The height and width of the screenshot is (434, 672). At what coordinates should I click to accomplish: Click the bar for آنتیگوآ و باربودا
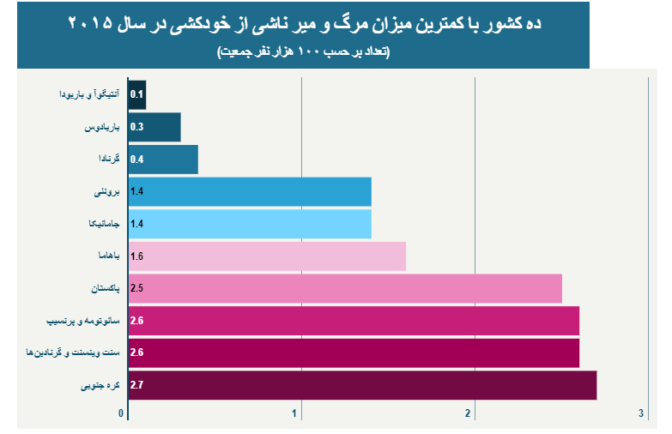click(x=137, y=94)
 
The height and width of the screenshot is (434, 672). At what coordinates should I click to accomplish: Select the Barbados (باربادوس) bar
click(x=154, y=127)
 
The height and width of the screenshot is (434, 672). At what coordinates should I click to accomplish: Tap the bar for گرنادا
click(x=163, y=160)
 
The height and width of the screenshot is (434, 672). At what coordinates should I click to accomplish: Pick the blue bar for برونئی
click(x=249, y=192)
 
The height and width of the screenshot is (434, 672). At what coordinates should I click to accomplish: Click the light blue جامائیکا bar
click(x=249, y=224)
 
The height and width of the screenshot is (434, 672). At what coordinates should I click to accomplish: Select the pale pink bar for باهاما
click(x=266, y=256)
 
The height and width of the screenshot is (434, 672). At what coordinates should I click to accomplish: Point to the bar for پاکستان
click(x=343, y=288)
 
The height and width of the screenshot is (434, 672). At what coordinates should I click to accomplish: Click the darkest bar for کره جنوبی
click(x=360, y=385)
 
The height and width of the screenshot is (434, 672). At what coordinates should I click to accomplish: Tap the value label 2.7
click(x=136, y=385)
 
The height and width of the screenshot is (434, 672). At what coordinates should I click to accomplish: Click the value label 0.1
click(x=136, y=94)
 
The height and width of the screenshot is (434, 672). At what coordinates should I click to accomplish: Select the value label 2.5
click(x=136, y=288)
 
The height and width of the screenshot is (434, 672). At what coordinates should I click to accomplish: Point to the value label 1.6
click(x=136, y=256)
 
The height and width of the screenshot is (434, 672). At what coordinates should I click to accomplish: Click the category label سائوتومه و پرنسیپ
click(x=79, y=321)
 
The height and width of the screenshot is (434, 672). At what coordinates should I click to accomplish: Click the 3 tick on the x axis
click(x=641, y=414)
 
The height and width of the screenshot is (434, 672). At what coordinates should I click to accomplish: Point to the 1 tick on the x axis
click(x=296, y=414)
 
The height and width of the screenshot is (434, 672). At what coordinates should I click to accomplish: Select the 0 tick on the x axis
click(x=123, y=414)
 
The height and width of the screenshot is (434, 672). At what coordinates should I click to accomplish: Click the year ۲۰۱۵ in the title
click(x=90, y=23)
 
